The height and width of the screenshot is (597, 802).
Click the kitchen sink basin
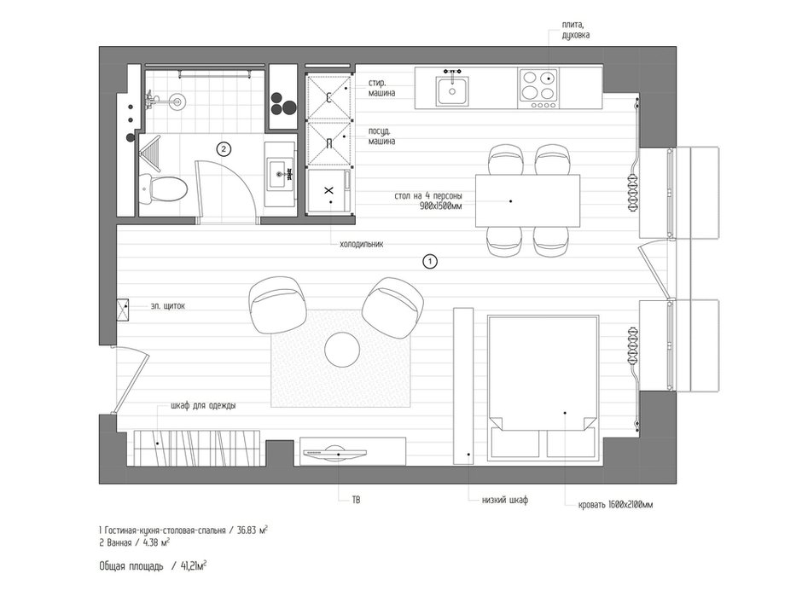[452, 91]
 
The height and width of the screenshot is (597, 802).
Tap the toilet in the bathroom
[163, 188]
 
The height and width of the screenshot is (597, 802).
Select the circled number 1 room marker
[430, 261]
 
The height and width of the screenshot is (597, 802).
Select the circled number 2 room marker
[224, 149]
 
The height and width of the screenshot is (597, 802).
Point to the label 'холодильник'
[362, 244]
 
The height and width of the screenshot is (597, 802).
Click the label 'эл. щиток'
[168, 306]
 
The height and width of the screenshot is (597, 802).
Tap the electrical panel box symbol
[122, 310]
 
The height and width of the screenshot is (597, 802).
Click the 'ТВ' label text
[356, 500]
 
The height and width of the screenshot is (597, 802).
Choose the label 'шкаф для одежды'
[203, 406]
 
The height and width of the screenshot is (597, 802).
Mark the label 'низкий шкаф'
[505, 501]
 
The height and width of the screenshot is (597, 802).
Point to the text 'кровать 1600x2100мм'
[615, 505]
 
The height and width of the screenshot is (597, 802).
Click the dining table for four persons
[527, 200]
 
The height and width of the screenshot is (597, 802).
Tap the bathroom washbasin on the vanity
[279, 174]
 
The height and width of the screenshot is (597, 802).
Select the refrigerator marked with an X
[330, 191]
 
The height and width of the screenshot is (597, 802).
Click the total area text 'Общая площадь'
[131, 566]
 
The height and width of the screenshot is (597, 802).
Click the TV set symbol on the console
[335, 454]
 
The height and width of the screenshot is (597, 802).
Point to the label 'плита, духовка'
[575, 30]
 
